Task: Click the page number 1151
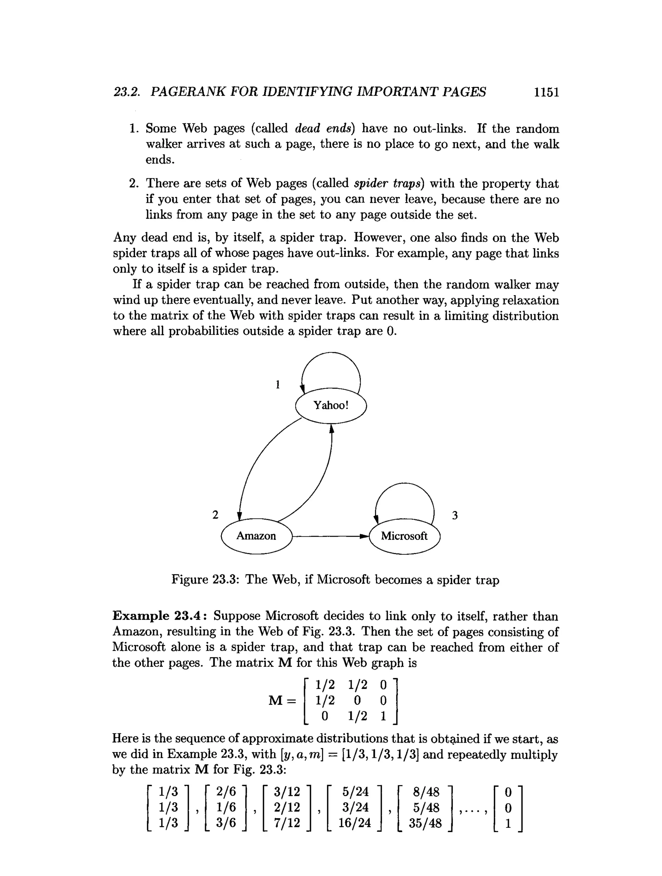(x=546, y=92)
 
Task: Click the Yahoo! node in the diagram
(x=331, y=406)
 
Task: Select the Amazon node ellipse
(x=256, y=536)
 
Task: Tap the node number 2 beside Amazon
(x=215, y=515)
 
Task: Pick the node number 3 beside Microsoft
(x=455, y=515)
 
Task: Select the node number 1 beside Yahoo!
(x=278, y=384)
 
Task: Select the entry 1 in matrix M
(x=383, y=716)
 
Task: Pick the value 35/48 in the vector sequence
(x=425, y=823)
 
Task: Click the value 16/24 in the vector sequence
(x=354, y=823)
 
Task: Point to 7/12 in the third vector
(x=287, y=823)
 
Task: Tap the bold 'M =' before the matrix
(x=282, y=701)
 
